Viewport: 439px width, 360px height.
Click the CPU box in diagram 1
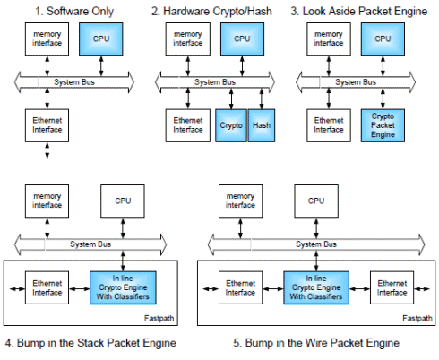[101, 39]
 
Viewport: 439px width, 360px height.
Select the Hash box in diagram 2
[262, 125]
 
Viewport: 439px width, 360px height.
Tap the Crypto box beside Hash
[231, 125]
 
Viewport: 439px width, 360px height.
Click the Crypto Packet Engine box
[383, 125]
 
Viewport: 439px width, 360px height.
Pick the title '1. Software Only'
[74, 12]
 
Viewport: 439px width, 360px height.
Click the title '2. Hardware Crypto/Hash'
[211, 12]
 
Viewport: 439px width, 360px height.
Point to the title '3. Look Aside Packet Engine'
[359, 12]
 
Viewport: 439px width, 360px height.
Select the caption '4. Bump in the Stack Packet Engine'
[90, 343]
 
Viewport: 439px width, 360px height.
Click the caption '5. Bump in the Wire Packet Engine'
[316, 343]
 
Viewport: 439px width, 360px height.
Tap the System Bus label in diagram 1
[74, 82]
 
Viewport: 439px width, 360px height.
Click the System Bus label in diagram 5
[316, 244]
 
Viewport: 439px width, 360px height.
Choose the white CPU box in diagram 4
[123, 201]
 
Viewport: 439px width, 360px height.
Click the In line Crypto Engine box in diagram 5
[316, 287]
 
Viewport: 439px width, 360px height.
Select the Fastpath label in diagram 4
[159, 318]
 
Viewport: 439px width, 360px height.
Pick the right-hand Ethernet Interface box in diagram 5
[392, 287]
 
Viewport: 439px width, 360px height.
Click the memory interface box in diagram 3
[329, 39]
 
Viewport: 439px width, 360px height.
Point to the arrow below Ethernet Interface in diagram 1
[47, 150]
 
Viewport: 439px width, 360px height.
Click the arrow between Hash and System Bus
[262, 99]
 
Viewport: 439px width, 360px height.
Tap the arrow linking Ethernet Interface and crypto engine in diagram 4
[80, 288]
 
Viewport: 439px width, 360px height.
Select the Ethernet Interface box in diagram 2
[188, 125]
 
